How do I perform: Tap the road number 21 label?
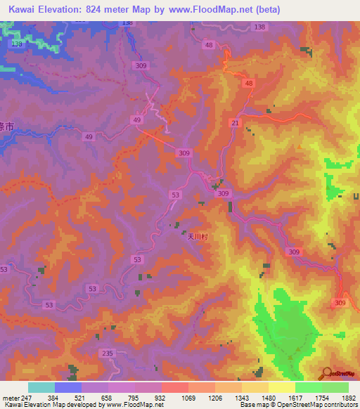click(234, 123)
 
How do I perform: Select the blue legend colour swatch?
click(67, 387)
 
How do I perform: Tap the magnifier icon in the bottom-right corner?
click(326, 375)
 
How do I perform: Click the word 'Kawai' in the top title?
click(23, 9)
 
